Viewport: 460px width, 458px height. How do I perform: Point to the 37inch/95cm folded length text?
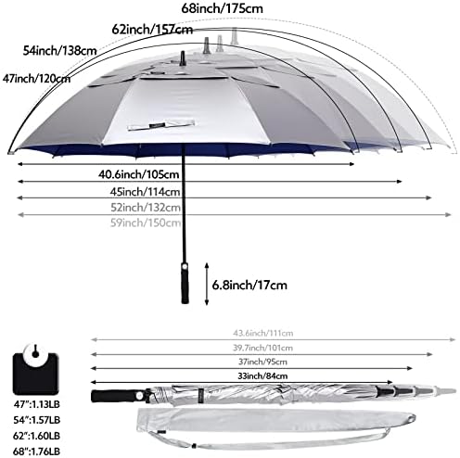(x=235, y=361)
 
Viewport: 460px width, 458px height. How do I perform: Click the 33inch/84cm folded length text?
(x=224, y=375)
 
